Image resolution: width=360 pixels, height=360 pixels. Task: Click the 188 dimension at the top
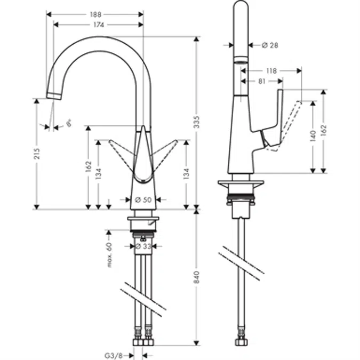pyautogui.click(x=95, y=14)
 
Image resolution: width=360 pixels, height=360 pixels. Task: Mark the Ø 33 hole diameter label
pyautogui.click(x=142, y=246)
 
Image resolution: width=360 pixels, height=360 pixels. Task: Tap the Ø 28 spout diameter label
pyautogui.click(x=270, y=45)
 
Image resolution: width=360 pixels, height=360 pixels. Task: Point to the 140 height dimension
pyautogui.click(x=313, y=136)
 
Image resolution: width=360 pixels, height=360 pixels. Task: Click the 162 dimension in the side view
pyautogui.click(x=324, y=131)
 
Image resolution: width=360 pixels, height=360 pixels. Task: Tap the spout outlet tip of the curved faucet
pyautogui.click(x=53, y=95)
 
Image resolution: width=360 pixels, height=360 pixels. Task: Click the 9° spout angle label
pyautogui.click(x=69, y=125)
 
